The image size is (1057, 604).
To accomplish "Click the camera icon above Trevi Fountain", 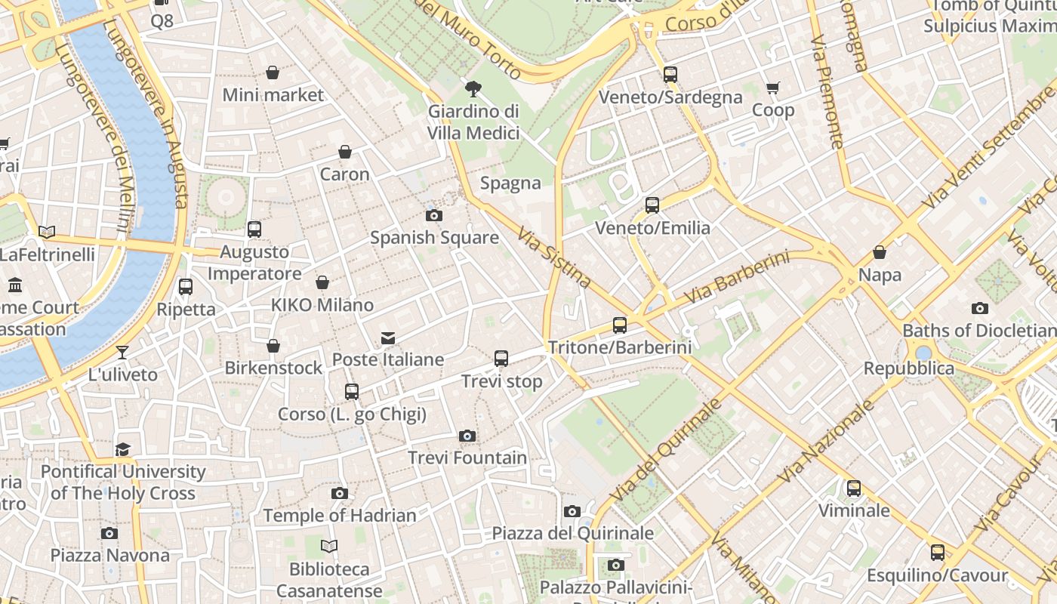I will [x=467, y=436].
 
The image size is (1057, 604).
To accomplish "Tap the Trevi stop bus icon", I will [x=501, y=359].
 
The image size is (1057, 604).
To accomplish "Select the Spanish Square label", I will [x=434, y=238].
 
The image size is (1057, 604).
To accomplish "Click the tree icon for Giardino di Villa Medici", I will [x=473, y=89].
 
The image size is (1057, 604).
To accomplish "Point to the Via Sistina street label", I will [x=555, y=257].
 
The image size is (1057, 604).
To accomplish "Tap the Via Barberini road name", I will [x=736, y=277].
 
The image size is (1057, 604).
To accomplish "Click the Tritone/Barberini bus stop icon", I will [x=620, y=325].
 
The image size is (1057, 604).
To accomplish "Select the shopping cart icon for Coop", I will [x=772, y=88].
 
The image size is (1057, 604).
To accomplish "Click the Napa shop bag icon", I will [x=880, y=252].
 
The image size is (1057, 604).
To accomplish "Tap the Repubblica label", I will [x=909, y=368].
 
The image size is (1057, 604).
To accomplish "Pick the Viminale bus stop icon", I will [x=854, y=488].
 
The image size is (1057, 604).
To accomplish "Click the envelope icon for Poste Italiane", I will [x=388, y=337].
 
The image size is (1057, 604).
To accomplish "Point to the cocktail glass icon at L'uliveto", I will [x=122, y=353].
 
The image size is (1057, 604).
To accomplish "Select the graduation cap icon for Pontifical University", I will [x=122, y=450].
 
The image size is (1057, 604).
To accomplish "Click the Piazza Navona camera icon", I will [x=109, y=533].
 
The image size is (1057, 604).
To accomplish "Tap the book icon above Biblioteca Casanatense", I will [x=329, y=546].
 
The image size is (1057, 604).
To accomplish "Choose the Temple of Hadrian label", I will [x=340, y=516].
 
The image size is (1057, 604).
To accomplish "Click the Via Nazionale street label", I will [x=826, y=442].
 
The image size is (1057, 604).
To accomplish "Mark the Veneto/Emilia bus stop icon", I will [x=652, y=205].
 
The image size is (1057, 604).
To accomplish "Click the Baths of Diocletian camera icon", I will [x=980, y=308].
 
